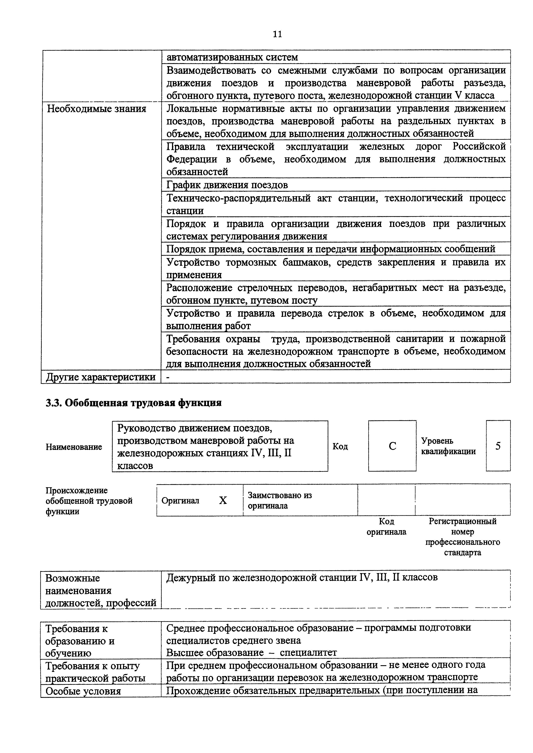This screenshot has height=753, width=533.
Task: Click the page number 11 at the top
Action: (x=277, y=34)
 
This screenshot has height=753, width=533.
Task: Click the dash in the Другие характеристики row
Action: (x=168, y=378)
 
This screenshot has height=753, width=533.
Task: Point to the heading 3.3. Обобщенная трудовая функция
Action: (x=133, y=403)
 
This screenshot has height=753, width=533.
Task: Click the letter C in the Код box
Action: (x=392, y=446)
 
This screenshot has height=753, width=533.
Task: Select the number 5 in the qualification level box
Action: (x=498, y=446)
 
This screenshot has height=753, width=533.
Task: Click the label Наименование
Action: (x=74, y=447)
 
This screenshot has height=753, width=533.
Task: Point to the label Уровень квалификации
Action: (x=448, y=446)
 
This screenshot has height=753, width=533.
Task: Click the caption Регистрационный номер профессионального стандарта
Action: (x=462, y=537)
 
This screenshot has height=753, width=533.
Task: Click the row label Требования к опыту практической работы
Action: (x=95, y=672)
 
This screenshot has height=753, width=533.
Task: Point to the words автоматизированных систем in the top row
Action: (x=232, y=57)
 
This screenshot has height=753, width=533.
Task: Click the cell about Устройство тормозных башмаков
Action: (x=336, y=268)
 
